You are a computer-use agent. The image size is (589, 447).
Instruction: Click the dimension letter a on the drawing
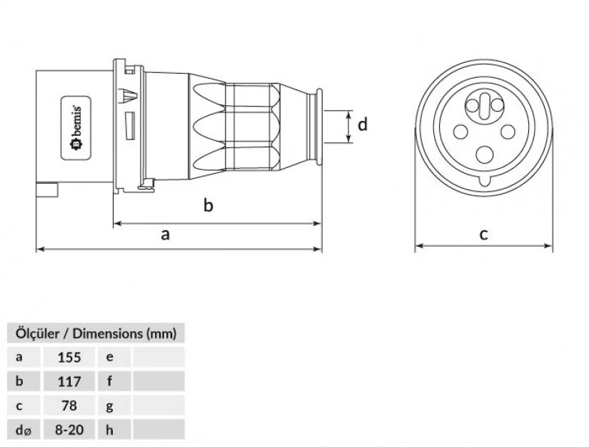tap(166, 234)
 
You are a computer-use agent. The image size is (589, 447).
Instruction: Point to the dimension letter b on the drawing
tap(208, 206)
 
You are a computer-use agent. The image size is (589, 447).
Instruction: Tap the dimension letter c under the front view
tap(483, 233)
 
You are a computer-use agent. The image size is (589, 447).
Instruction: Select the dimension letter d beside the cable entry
tap(363, 124)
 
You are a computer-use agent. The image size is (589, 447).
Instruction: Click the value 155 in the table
tap(70, 357)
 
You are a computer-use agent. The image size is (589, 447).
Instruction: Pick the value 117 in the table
tap(70, 381)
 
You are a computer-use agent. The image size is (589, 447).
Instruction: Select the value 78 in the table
tap(70, 406)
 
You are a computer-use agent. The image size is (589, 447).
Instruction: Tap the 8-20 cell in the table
tap(70, 430)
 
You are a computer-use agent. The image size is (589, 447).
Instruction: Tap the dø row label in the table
tap(22, 430)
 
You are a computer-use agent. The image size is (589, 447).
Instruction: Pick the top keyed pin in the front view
tap(483, 106)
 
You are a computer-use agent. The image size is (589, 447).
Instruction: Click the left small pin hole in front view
tap(459, 132)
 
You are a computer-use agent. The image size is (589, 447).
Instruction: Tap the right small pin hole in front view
tap(508, 132)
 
